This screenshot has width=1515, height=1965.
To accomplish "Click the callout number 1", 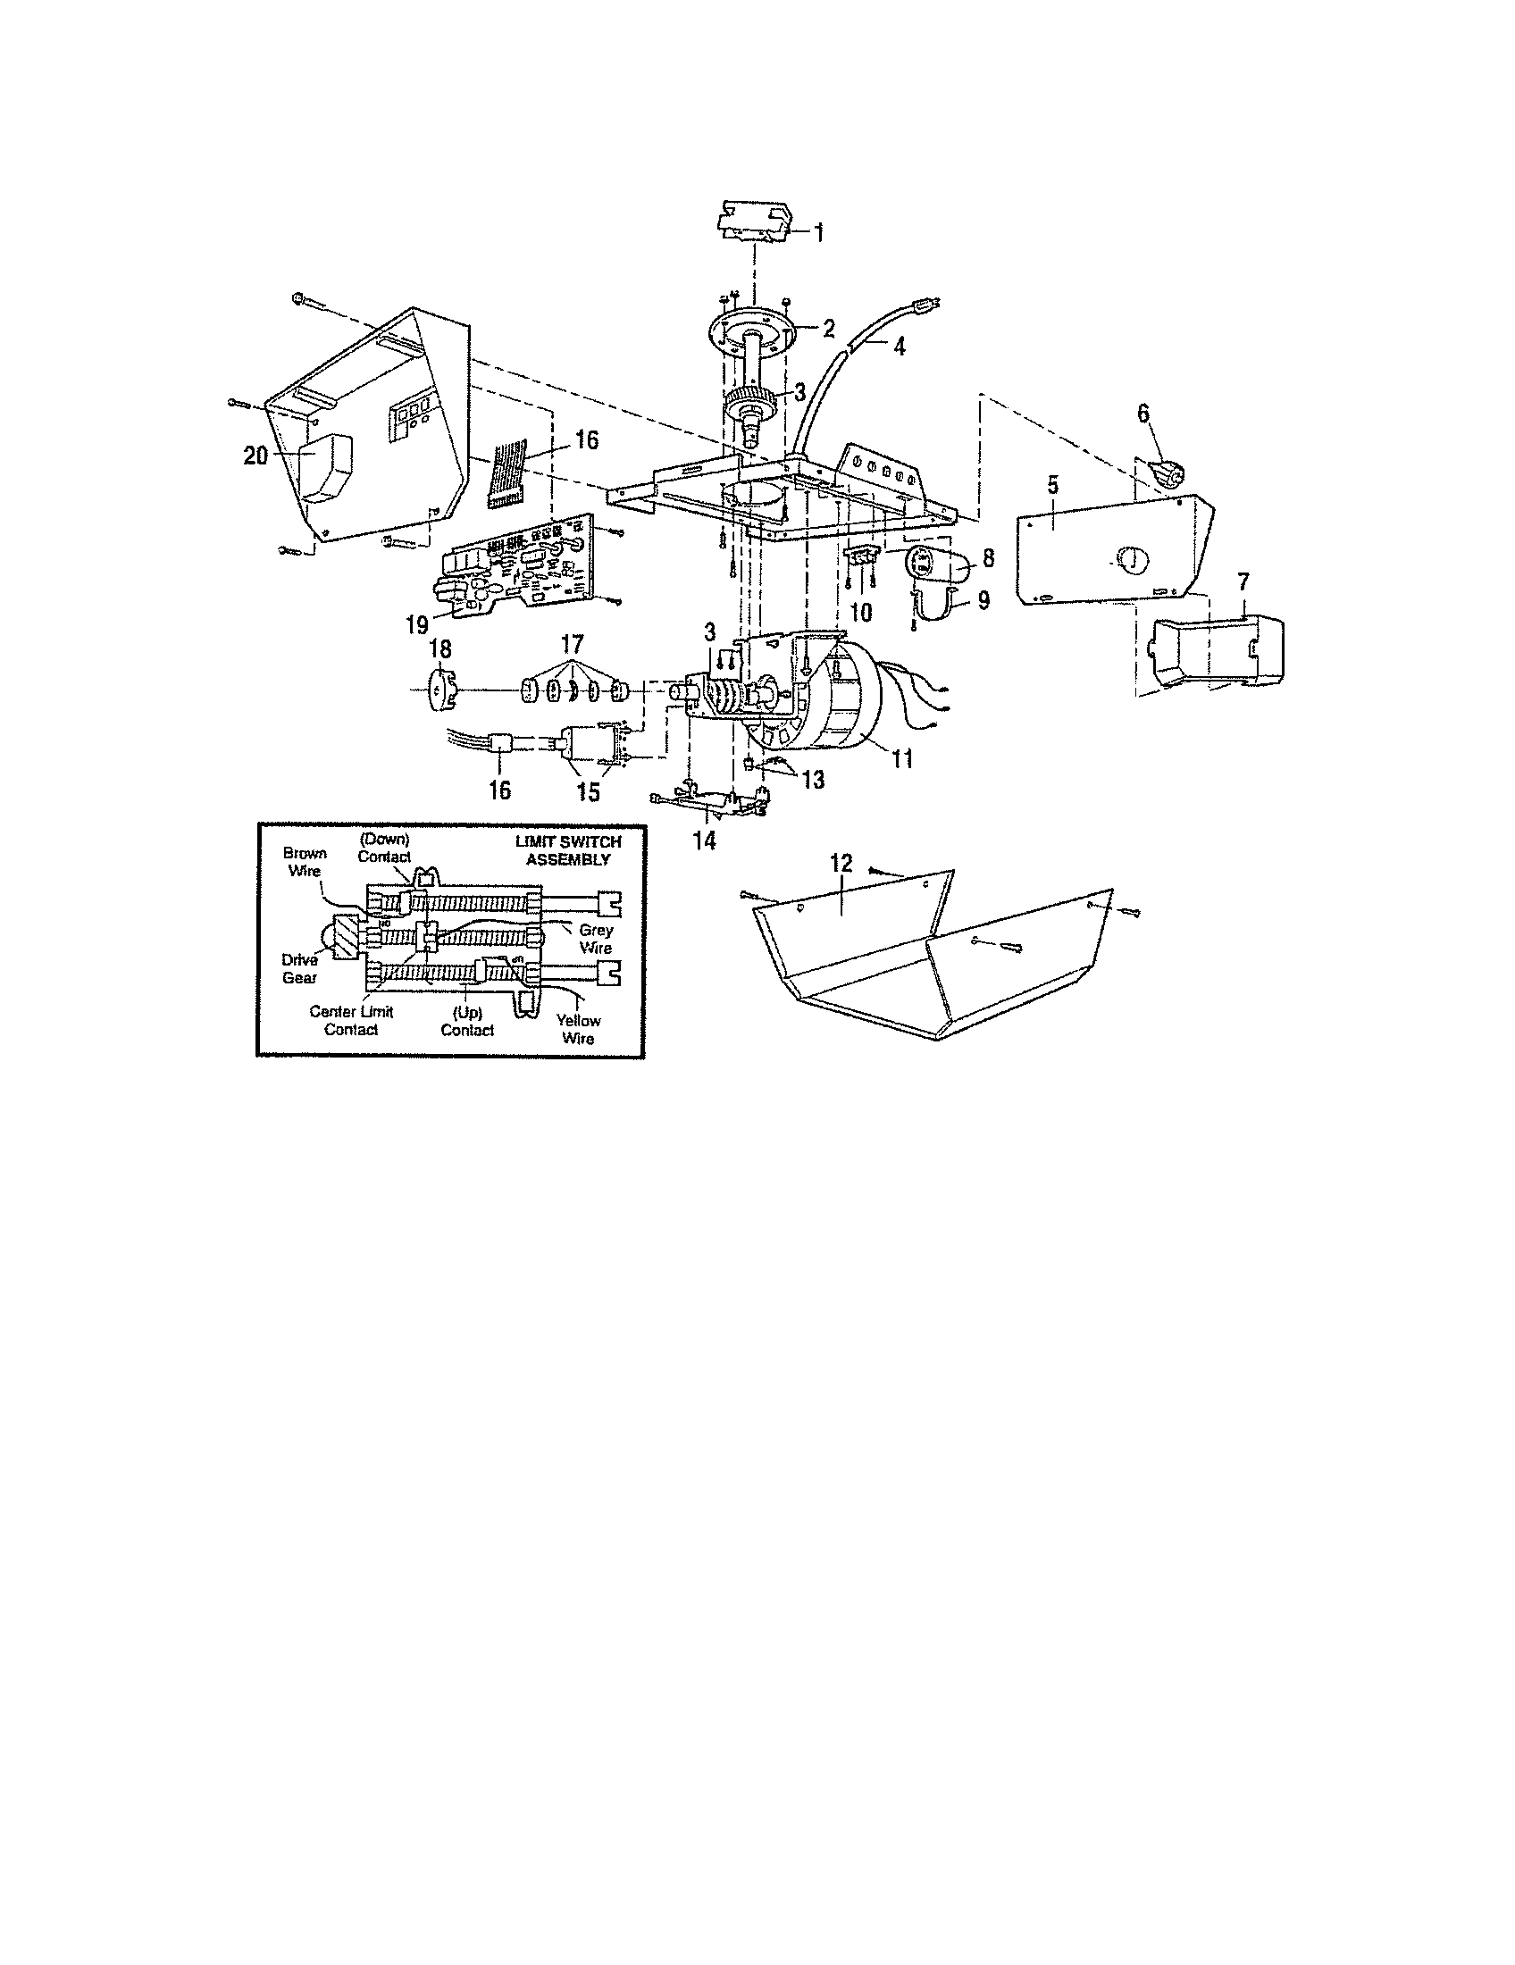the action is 817,231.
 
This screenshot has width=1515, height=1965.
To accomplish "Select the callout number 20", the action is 255,456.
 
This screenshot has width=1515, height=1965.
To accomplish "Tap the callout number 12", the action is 841,863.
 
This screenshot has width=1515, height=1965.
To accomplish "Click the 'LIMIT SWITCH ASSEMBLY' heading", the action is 567,850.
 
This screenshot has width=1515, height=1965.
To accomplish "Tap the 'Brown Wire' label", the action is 305,862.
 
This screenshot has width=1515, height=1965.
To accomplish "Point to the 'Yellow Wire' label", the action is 578,1029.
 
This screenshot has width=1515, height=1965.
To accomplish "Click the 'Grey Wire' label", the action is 596,940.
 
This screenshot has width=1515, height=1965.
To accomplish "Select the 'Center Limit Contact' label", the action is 351,1020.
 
